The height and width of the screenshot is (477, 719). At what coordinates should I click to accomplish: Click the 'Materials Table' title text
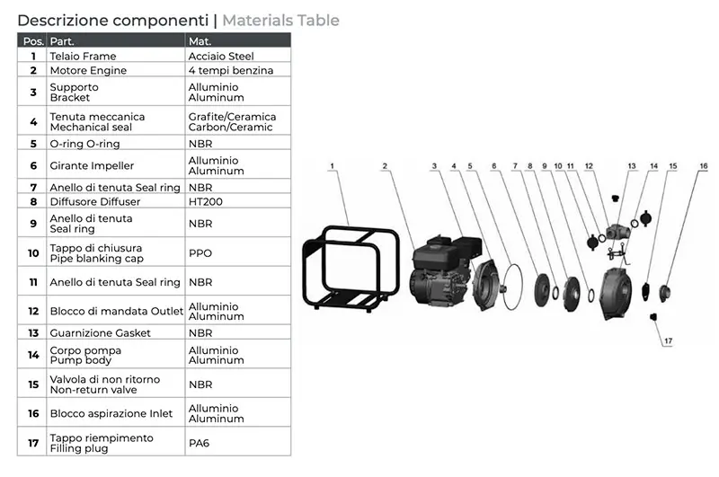280,21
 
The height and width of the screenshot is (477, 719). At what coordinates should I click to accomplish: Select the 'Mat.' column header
200,41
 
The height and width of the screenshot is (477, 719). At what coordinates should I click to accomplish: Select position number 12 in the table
33,311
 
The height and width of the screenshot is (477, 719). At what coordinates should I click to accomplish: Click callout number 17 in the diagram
668,341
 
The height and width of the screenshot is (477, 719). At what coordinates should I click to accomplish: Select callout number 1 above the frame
332,166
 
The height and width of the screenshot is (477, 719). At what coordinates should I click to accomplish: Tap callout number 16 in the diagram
704,166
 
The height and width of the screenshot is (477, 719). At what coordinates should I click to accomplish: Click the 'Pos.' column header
33,41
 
